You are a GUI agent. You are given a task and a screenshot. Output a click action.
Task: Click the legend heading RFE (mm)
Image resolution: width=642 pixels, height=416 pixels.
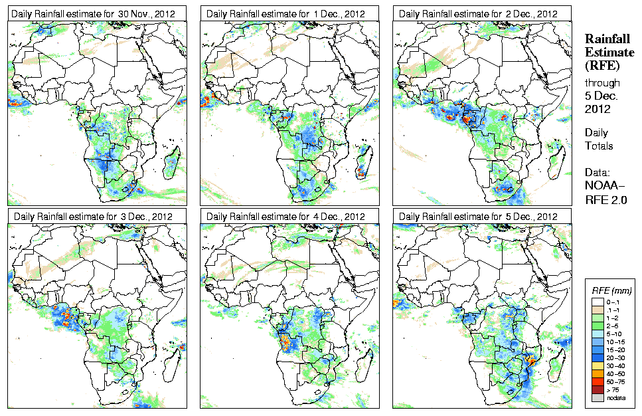coord(611,291)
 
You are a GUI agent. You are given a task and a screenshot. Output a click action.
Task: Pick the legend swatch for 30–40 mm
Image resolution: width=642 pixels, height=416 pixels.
coord(598,365)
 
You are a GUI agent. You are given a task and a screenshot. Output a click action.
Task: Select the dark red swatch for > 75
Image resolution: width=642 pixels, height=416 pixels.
coord(598,389)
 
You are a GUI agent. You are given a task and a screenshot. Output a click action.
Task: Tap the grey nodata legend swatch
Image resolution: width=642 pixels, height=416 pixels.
coord(598,397)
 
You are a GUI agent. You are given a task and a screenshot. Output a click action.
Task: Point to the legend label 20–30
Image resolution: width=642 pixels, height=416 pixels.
coord(618,358)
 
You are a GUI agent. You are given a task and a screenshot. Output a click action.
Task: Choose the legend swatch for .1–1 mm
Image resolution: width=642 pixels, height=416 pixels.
coord(598,310)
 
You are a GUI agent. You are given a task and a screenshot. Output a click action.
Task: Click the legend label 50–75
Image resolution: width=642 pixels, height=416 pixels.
coord(618,381)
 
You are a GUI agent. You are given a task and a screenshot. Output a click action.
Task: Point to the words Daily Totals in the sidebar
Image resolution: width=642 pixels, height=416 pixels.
coord(599,139)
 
